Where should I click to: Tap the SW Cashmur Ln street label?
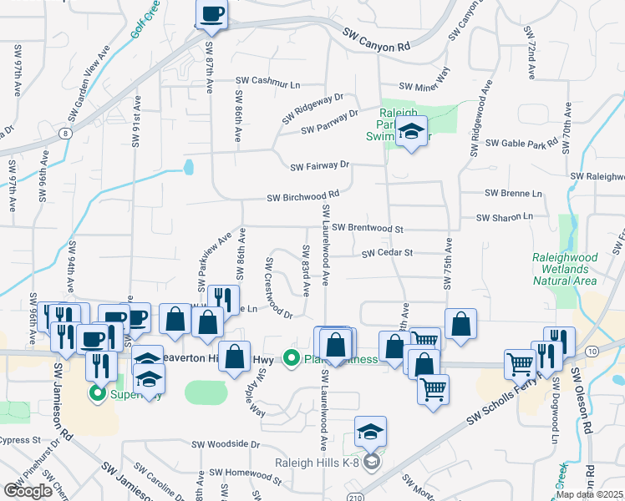tap(267, 82)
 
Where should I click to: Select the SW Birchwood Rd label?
tap(302, 198)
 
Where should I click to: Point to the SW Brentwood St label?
tap(367, 228)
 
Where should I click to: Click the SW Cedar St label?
tap(388, 252)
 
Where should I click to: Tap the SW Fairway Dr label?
tap(319, 167)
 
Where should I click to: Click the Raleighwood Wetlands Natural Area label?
tap(564, 269)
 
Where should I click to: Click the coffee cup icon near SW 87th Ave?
tap(211, 13)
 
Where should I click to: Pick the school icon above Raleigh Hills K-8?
tap(370, 432)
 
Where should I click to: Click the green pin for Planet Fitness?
tap(292, 359)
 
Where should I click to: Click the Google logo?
tap(28, 491)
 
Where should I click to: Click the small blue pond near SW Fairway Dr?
tap(188, 168)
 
